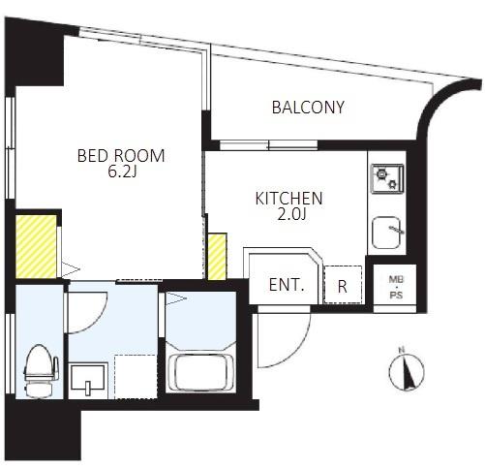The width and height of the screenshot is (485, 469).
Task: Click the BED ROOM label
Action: click(121, 156)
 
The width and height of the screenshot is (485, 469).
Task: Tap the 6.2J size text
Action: click(122, 172)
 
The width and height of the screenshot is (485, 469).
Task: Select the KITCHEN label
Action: click(288, 199)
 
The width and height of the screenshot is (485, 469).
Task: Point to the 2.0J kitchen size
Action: click(291, 214)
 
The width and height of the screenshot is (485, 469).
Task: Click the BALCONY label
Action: click(308, 108)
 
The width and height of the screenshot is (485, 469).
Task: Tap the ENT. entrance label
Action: click(287, 285)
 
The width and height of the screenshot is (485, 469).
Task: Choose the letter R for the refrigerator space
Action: click(343, 286)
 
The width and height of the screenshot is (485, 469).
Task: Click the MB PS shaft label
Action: click(396, 287)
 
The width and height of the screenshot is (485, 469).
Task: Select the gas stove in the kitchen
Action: click(387, 179)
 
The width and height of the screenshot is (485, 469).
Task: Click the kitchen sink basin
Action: click(386, 233)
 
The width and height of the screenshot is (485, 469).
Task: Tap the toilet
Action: click(40, 371)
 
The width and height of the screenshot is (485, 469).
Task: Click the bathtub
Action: click(201, 373)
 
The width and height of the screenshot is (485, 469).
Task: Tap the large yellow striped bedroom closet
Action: click(36, 247)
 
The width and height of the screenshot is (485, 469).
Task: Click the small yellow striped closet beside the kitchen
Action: click(217, 257)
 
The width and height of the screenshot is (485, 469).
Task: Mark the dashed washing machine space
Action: click(136, 377)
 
